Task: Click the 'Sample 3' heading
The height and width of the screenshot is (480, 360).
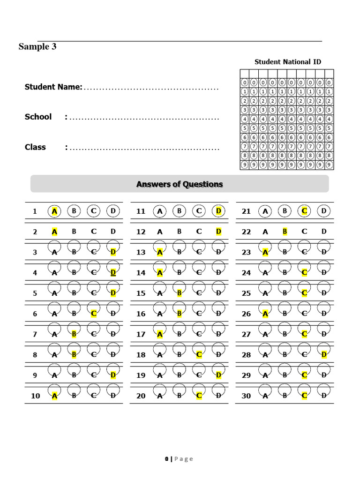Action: coord(37,46)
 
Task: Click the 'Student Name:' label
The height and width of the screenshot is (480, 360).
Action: coord(53,87)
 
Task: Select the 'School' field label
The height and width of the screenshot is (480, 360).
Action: coord(38,117)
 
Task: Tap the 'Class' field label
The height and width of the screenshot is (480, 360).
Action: coord(35,147)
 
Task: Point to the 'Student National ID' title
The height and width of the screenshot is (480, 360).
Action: coord(287,62)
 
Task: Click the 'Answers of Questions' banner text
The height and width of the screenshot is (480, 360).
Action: coord(180,184)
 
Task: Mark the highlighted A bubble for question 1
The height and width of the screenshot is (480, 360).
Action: coord(54,211)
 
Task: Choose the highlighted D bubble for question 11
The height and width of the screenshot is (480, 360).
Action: coord(218,211)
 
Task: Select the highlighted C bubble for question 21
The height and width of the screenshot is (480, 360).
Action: coord(304,211)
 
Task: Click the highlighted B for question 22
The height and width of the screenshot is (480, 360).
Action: coord(285,231)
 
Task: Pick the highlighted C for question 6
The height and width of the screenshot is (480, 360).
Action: coord(94,314)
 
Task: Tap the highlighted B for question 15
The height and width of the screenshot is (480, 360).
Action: coord(179,293)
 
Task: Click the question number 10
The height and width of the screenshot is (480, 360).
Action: coord(36,396)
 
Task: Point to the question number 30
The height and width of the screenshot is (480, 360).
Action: coord(246,396)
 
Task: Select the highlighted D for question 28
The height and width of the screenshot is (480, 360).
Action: coord(324,354)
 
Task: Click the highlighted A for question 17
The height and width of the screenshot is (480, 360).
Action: coord(160,334)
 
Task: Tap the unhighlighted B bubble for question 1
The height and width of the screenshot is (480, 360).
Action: coord(74,211)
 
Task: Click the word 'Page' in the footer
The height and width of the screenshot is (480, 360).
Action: coord(184,459)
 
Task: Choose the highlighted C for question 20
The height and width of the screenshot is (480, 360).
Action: coord(199,396)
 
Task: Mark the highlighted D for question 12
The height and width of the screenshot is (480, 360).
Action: coord(218,231)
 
